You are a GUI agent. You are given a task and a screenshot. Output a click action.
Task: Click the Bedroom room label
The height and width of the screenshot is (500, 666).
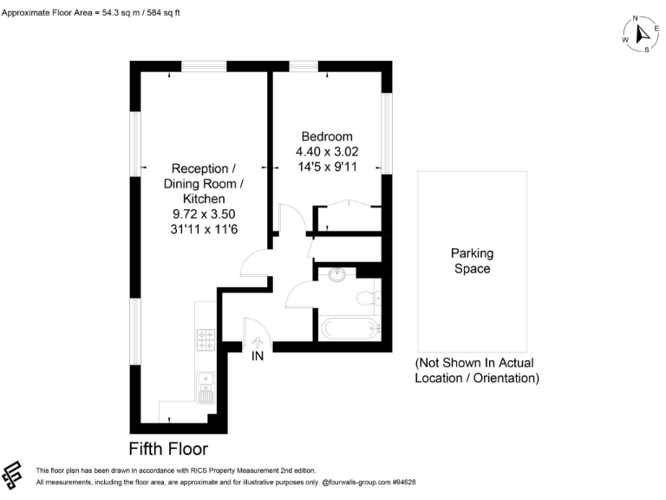327,136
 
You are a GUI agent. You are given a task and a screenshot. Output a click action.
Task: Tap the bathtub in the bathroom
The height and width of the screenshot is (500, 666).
349,329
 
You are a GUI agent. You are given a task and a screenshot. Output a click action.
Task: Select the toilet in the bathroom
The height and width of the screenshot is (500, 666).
368,300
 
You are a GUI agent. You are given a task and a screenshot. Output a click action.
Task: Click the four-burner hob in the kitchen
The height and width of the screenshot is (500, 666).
206,339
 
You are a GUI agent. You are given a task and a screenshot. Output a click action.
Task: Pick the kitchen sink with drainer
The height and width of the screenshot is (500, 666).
206,388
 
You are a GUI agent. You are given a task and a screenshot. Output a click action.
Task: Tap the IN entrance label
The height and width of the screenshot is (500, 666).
258,357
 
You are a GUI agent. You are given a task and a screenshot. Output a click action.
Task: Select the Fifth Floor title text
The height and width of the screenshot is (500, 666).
168,449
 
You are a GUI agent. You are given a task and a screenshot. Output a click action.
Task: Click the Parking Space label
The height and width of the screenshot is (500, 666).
472,260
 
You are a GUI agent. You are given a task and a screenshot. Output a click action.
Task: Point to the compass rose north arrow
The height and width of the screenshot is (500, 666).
643,34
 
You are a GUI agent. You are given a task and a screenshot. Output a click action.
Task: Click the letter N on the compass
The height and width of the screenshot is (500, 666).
635,17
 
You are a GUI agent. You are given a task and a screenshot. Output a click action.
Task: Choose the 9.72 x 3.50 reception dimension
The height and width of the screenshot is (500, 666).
204,214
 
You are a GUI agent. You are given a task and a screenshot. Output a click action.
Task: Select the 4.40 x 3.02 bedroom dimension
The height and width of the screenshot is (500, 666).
327,151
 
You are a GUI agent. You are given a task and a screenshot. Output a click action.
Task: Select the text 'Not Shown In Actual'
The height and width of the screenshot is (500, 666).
474,363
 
